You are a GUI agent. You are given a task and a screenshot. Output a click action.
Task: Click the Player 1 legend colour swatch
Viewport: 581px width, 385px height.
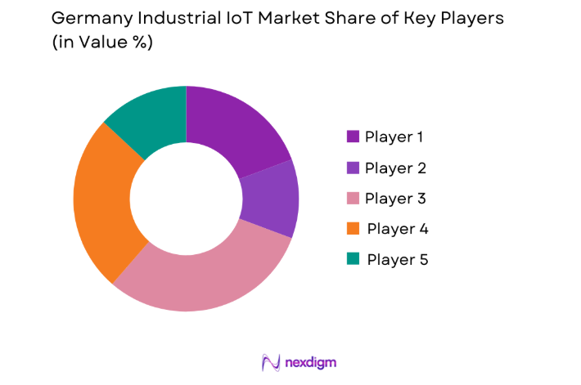(353, 137)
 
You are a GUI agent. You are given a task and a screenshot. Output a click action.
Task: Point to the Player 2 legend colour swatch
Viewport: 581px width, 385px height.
(353, 168)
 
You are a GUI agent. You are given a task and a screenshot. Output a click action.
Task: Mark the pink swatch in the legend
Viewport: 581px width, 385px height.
(353, 199)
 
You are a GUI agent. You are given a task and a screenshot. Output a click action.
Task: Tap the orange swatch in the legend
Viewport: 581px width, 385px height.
(353, 229)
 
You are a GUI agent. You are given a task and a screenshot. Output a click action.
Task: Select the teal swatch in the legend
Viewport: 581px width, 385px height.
(353, 259)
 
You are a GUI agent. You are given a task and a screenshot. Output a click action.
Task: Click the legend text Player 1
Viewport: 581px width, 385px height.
(394, 137)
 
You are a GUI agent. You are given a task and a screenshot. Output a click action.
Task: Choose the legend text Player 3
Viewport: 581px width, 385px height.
(395, 199)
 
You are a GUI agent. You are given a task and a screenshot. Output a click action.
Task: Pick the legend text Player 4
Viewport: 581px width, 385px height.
(397, 229)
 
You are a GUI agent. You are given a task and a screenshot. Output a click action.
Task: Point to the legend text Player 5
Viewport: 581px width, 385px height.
(397, 260)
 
